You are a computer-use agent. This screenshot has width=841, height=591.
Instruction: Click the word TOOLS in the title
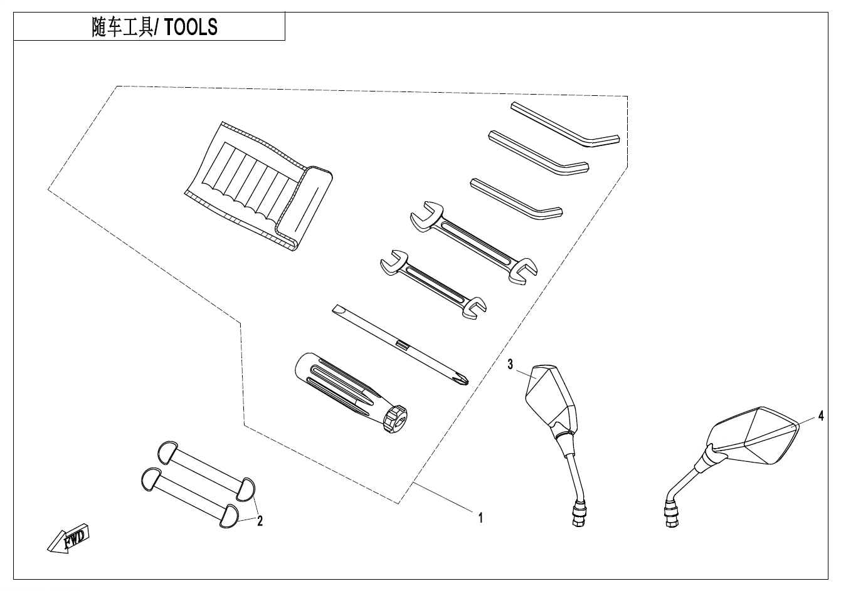click(191, 27)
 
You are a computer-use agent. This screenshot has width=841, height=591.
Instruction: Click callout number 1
click(480, 518)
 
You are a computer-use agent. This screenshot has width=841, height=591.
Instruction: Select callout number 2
click(260, 520)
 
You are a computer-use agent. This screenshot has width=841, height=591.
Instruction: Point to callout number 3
click(510, 363)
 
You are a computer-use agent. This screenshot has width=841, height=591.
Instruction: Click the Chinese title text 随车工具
click(122, 27)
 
